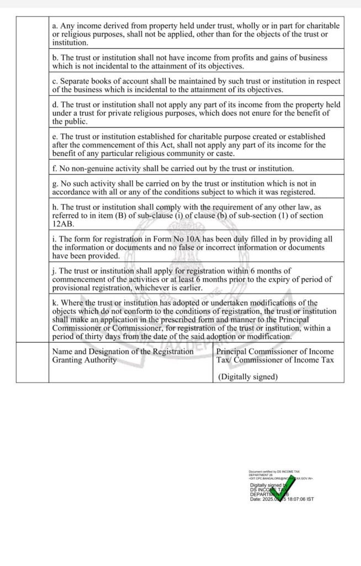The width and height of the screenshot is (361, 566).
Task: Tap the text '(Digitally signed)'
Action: click(247, 377)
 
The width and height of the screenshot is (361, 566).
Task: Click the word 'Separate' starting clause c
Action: click(75, 81)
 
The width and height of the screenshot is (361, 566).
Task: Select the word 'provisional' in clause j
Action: click(72, 287)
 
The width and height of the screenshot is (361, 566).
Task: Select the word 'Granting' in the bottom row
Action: click(67, 360)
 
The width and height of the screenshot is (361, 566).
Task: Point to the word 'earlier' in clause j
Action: click(188, 287)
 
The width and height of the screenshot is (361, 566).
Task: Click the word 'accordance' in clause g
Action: click(72, 192)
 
